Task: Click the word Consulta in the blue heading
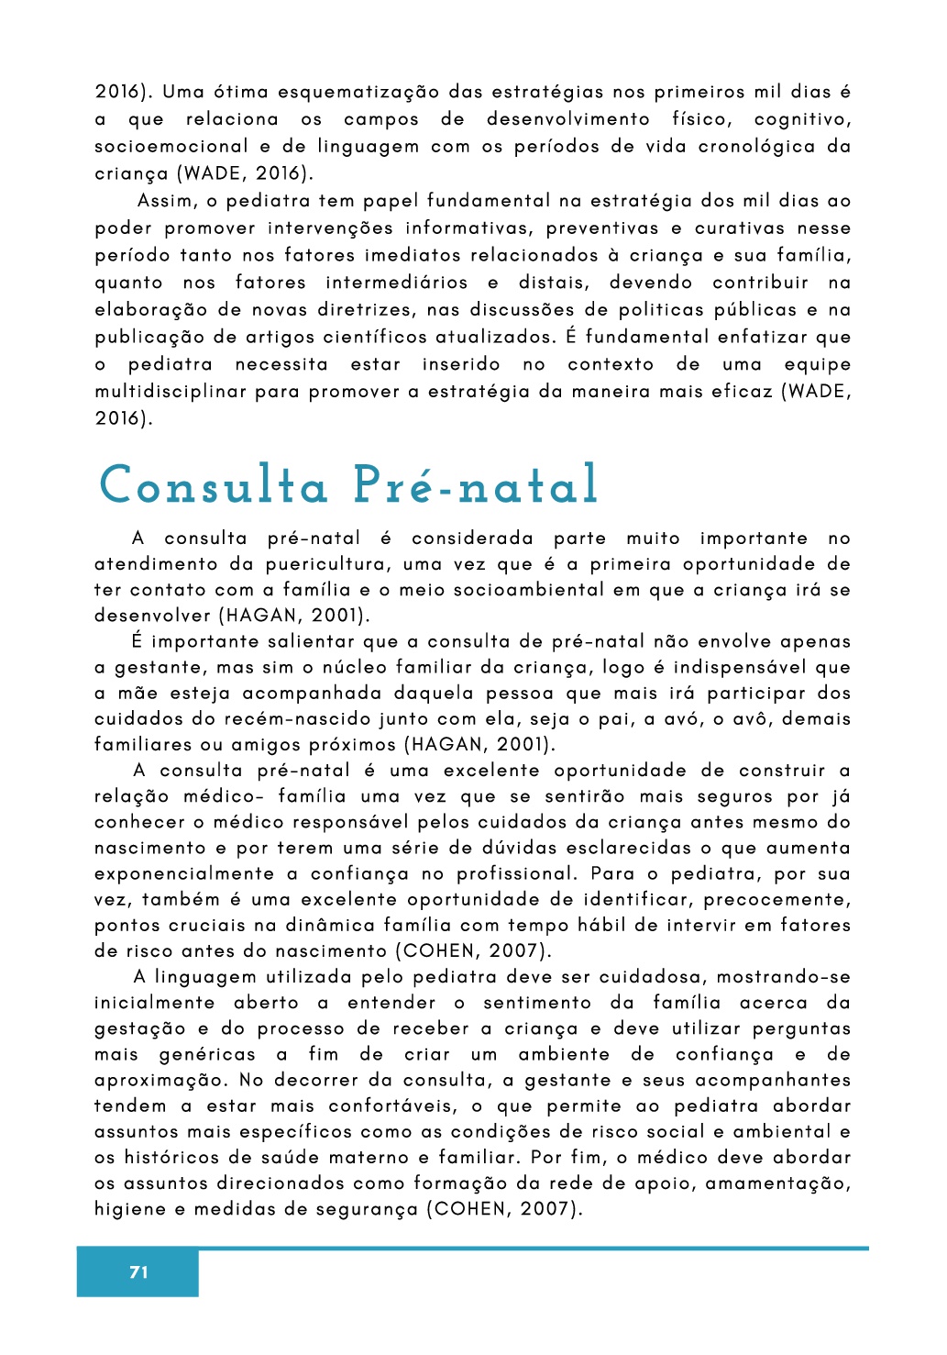pyautogui.click(x=214, y=485)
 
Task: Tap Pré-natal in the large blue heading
pyautogui.click(x=476, y=485)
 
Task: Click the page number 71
pyautogui.click(x=138, y=1272)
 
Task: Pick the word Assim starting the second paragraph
pyautogui.click(x=165, y=201)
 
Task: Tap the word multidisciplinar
pyautogui.click(x=171, y=392)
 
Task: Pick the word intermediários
pyautogui.click(x=397, y=283)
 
